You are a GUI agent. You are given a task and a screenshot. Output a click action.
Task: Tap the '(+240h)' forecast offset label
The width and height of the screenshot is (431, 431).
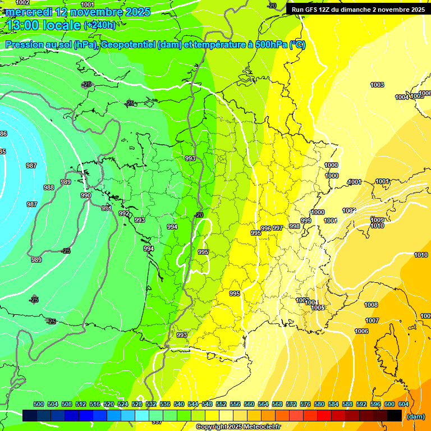click(x=100, y=25)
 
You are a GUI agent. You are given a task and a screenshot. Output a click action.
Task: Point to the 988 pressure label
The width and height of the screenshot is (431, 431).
click(x=49, y=187)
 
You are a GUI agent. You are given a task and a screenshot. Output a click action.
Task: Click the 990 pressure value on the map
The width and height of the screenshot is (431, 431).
click(x=86, y=195)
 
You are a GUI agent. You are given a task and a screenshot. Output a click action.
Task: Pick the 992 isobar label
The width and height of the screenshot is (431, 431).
click(x=124, y=213)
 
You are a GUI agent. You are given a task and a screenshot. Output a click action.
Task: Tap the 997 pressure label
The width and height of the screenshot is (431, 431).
click(x=278, y=228)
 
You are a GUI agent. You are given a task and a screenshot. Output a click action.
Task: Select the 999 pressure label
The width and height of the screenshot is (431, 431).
click(x=306, y=221)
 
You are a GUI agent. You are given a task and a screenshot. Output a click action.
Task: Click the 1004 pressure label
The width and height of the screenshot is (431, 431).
click(x=402, y=97)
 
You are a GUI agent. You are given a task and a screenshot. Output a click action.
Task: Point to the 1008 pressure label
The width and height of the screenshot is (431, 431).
click(x=371, y=305)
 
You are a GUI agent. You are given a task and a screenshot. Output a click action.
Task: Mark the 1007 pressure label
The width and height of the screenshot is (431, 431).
click(x=372, y=320)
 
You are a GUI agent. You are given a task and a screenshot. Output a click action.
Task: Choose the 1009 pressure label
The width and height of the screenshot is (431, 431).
click(x=377, y=220)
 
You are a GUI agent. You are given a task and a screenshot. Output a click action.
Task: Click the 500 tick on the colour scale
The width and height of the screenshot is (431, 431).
click(x=39, y=404)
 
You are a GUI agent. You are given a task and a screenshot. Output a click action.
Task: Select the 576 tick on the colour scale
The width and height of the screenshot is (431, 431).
click(x=306, y=404)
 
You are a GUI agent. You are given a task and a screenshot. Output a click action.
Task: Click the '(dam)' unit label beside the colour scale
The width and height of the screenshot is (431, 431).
click(x=415, y=416)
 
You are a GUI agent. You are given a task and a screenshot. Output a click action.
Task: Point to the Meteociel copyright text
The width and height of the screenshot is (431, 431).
click(x=238, y=427)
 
